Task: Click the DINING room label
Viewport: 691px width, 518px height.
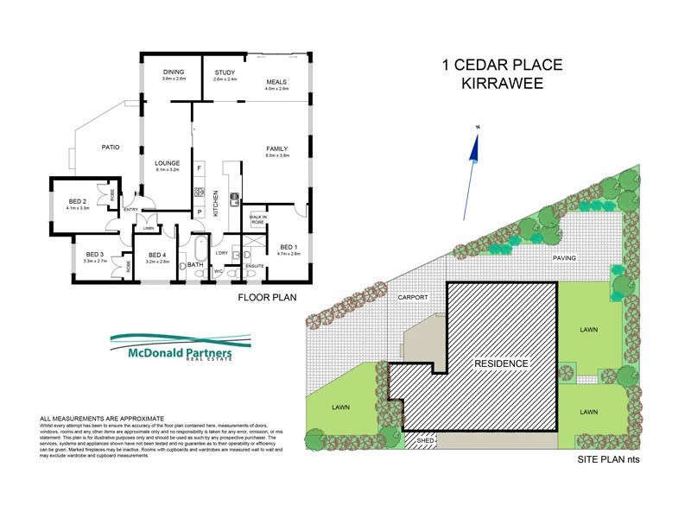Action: (174, 72)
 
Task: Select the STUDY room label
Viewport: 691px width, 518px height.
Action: (225, 72)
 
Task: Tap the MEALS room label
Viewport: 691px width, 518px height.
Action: (276, 82)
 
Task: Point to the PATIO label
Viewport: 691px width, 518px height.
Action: (109, 148)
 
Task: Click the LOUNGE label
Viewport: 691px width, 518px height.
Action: (167, 162)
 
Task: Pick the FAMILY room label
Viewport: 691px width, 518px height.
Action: (276, 148)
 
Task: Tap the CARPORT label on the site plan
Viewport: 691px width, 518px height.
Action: (412, 297)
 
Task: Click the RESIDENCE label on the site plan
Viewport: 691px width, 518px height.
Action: (500, 363)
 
